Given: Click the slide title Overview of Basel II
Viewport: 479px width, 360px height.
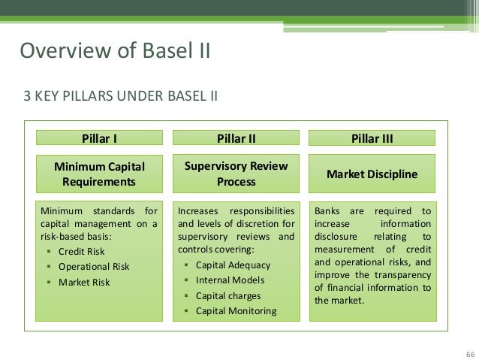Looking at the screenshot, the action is [115, 51].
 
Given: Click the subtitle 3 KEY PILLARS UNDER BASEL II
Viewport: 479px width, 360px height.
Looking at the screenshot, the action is [121, 96].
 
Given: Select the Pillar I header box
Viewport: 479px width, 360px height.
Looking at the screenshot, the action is [99, 138].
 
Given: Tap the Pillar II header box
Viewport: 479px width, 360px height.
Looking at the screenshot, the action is [236, 138].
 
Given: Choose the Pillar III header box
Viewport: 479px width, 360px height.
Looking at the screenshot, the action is [372, 138].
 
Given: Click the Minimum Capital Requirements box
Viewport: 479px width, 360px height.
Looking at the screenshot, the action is [99, 174].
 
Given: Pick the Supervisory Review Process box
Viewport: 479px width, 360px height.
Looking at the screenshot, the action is [236, 174].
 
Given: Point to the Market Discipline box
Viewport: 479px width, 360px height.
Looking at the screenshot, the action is [372, 174].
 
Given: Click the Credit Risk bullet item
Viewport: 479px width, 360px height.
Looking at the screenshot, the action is [82, 252].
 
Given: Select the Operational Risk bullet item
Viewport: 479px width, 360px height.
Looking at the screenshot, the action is [94, 267].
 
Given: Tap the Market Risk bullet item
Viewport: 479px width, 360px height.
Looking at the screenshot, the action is [84, 283].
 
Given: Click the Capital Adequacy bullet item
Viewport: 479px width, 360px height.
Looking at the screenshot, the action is [233, 265].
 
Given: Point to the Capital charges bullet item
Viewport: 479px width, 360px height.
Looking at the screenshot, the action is [228, 295].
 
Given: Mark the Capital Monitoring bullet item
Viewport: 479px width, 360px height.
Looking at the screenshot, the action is [236, 311].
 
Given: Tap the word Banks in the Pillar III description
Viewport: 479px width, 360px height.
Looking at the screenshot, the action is [327, 211].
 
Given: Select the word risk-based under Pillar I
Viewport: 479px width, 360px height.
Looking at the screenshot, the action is [61, 237].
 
